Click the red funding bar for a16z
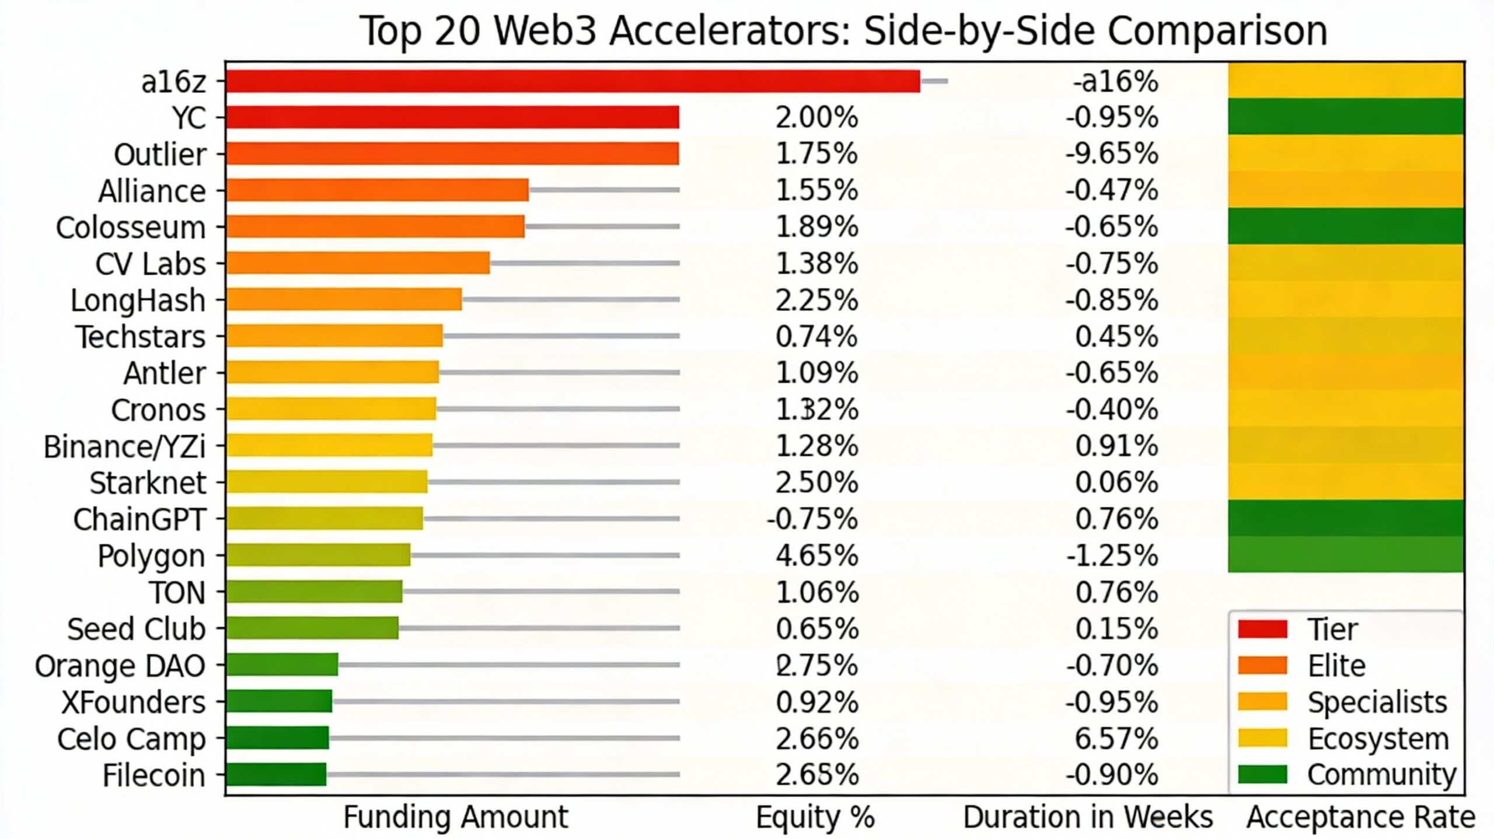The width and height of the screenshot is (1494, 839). (x=572, y=81)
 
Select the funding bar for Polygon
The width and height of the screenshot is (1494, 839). (x=318, y=555)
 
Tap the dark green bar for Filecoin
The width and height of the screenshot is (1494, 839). (x=276, y=774)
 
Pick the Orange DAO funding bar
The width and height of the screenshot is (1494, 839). (x=282, y=665)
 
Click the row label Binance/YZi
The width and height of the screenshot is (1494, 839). (x=124, y=447)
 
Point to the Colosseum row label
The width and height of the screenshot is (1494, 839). (x=131, y=228)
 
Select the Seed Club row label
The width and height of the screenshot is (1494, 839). (x=136, y=629)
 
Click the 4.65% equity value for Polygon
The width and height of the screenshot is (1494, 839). (x=816, y=555)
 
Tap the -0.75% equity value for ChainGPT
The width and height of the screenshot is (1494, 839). (x=812, y=519)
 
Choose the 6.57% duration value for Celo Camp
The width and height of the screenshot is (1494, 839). (x=1116, y=739)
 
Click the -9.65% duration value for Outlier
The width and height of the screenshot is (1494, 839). (x=1112, y=154)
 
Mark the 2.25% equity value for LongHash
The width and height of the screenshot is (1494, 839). (x=816, y=300)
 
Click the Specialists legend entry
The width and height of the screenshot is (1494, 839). (x=1377, y=702)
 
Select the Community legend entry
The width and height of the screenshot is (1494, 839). (x=1381, y=775)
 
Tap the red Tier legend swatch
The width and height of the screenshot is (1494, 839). (x=1262, y=629)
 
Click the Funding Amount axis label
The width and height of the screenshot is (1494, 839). (x=455, y=817)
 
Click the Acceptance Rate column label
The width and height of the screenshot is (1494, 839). (x=1361, y=817)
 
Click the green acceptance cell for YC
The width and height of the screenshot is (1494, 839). (x=1345, y=117)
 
